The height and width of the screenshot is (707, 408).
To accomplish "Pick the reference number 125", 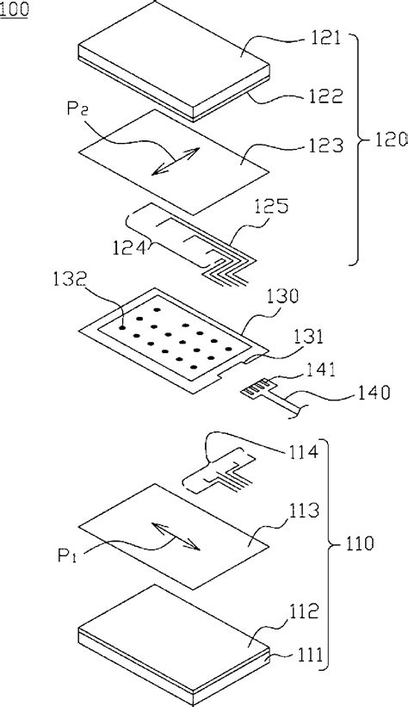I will coord(272,207).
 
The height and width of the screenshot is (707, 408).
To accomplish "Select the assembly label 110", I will coord(358,544).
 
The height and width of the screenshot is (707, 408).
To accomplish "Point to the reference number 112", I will coord(303,611).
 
